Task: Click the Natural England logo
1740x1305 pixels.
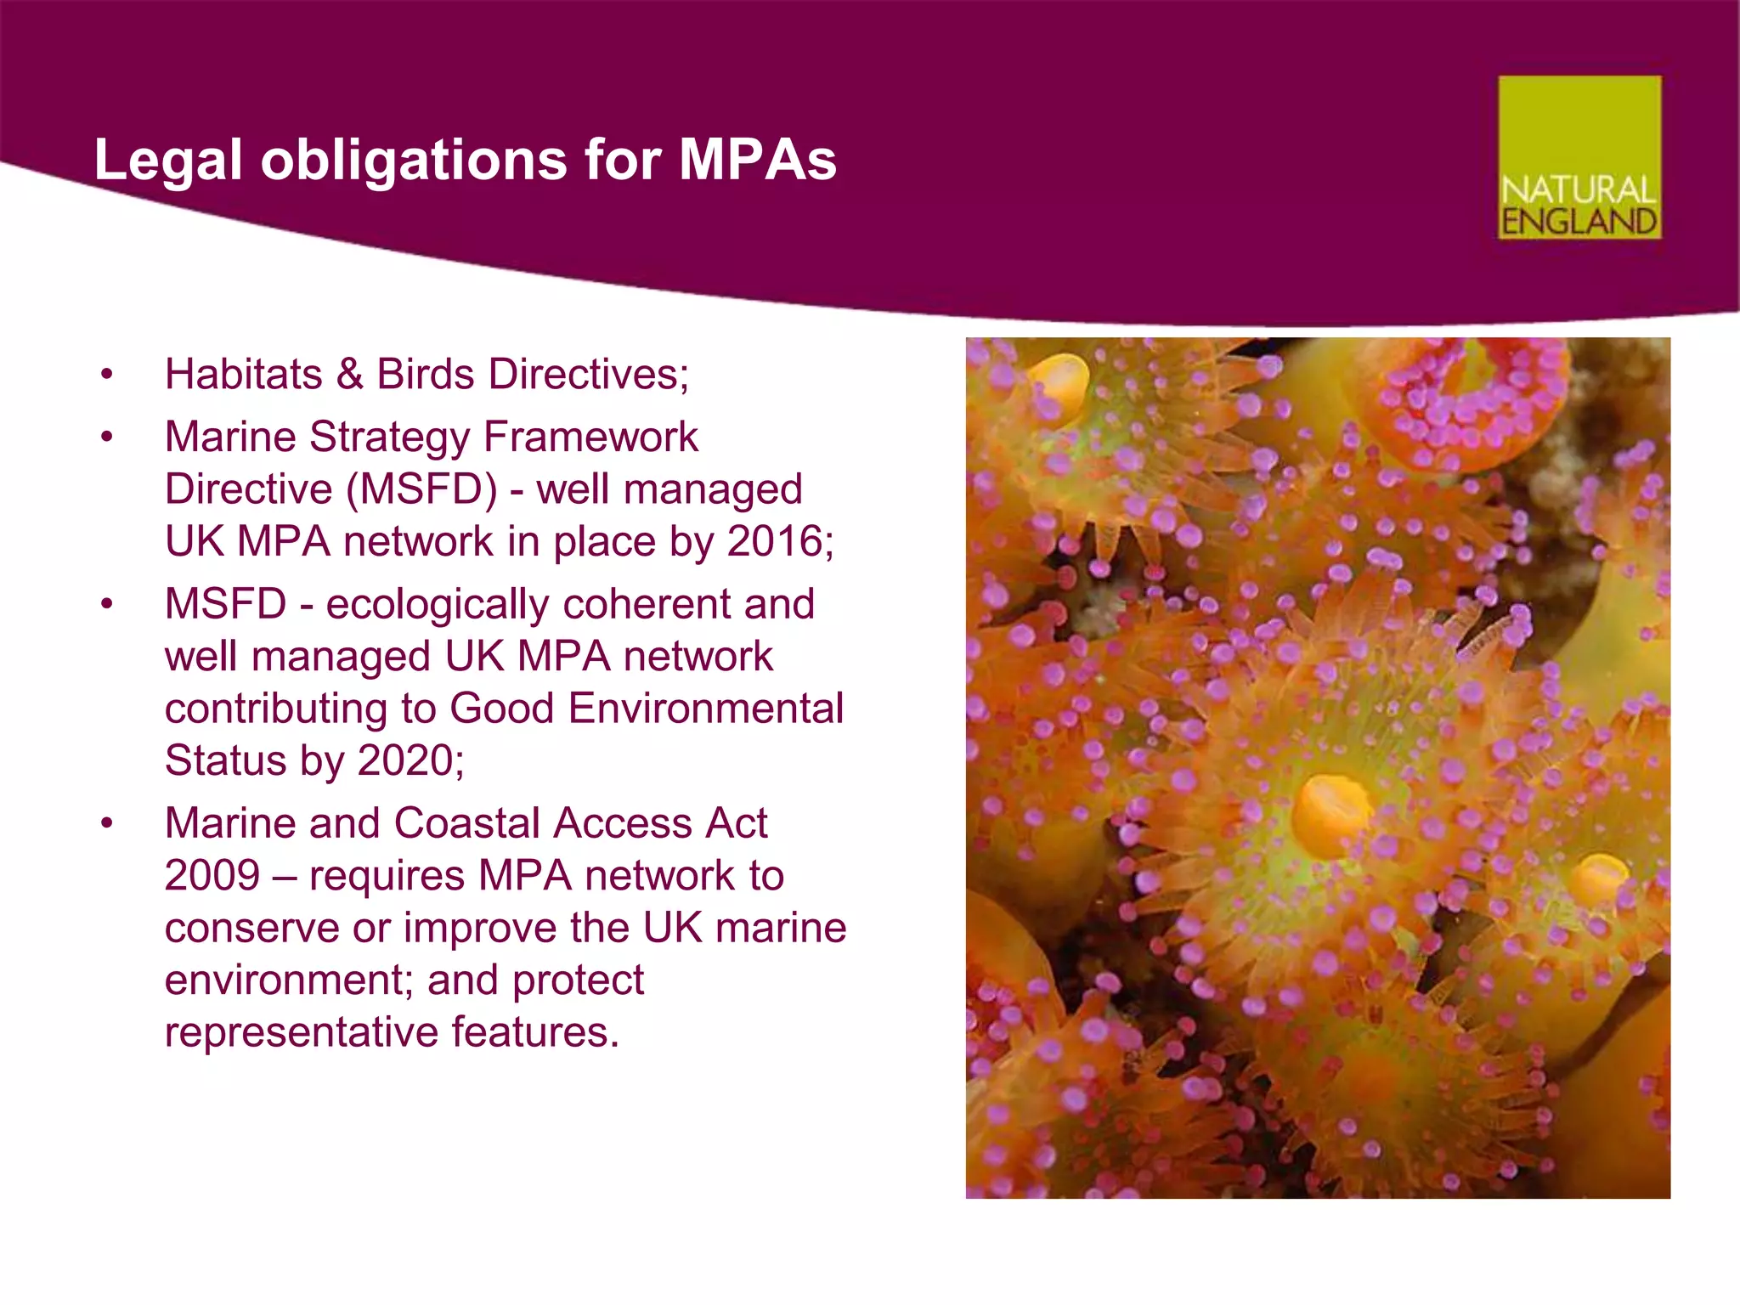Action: click(x=1579, y=157)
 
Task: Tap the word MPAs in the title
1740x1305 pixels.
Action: click(x=757, y=159)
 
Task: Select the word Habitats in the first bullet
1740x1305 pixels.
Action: click(x=243, y=375)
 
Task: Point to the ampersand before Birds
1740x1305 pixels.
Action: click(x=349, y=375)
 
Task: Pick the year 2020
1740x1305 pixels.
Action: click(x=410, y=760)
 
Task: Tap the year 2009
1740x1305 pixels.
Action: click(x=212, y=876)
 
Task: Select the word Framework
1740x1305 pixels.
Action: click(x=590, y=438)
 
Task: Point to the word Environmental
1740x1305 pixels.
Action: click(x=706, y=709)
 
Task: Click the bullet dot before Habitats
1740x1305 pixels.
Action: click(x=106, y=375)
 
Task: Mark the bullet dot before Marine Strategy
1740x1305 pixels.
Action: click(x=106, y=438)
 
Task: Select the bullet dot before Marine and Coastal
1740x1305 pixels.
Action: click(x=106, y=823)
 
